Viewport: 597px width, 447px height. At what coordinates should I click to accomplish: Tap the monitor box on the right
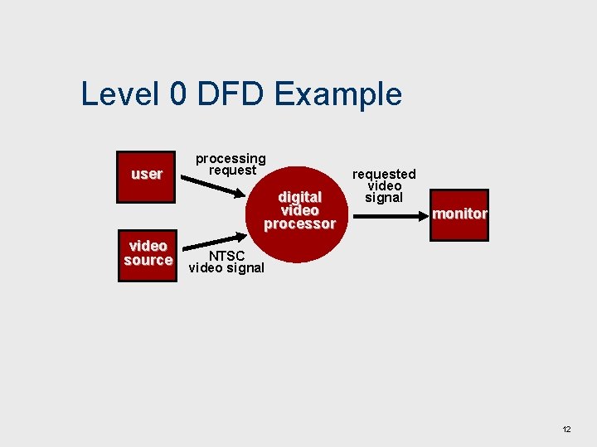[459, 214]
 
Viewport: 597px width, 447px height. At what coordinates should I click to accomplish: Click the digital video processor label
[299, 210]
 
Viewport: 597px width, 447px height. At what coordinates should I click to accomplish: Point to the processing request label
[231, 164]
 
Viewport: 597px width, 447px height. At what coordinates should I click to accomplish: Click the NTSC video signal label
[226, 262]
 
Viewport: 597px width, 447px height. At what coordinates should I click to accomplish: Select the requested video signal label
[384, 185]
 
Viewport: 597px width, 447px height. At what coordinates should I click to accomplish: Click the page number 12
[566, 430]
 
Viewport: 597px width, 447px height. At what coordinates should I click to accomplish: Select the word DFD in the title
[231, 94]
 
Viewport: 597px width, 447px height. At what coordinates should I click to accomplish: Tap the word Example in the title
[337, 94]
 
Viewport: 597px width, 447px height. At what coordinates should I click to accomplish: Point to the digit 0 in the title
[177, 94]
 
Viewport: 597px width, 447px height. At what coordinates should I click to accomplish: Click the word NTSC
[226, 256]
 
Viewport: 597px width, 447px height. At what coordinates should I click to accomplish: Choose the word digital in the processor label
[299, 197]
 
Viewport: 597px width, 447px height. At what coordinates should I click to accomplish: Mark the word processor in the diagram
[299, 223]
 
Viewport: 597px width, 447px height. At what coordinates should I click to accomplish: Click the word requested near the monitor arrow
[384, 174]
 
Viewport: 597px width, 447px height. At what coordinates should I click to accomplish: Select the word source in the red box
[148, 260]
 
